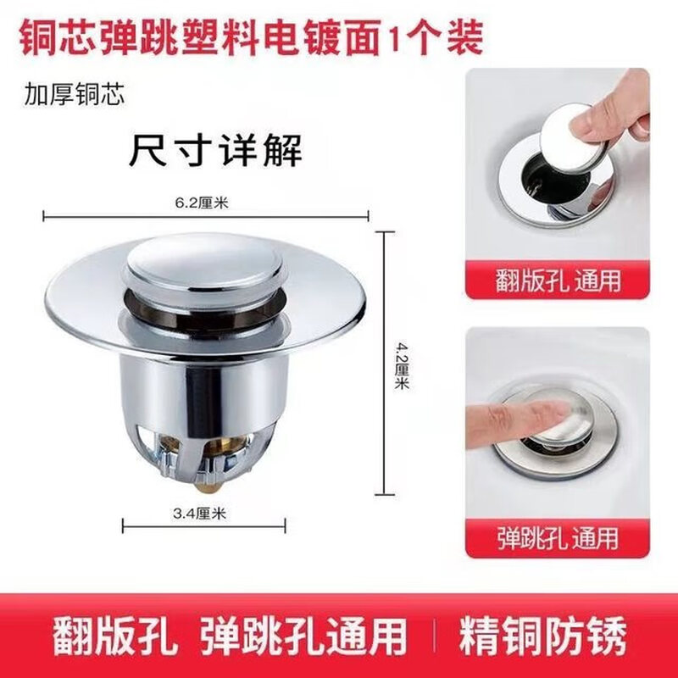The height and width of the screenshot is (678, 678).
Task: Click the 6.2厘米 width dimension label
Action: click(x=206, y=202)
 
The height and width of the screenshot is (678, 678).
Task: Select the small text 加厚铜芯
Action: click(x=75, y=93)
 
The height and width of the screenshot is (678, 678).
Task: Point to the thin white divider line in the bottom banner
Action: click(x=434, y=635)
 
